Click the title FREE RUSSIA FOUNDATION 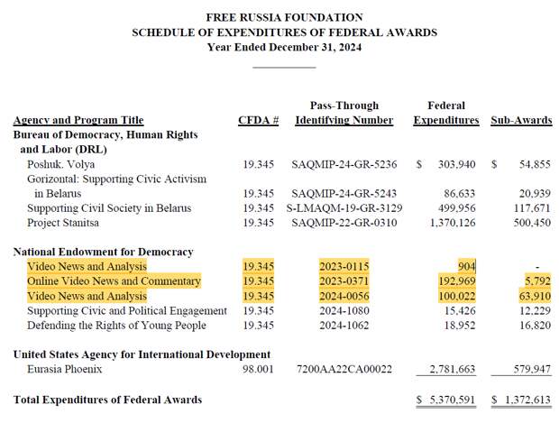[x=284, y=17]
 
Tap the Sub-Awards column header [x=521, y=120]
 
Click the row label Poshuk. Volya [x=61, y=165]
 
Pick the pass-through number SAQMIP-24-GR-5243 [x=344, y=194]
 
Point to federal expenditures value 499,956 [x=458, y=208]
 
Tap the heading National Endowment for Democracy [x=104, y=252]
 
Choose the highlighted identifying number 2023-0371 [x=344, y=281]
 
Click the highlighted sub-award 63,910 [x=532, y=296]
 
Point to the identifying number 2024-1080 [x=344, y=310]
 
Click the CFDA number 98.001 [x=258, y=369]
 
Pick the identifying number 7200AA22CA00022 [x=344, y=369]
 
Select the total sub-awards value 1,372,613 [x=526, y=400]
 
